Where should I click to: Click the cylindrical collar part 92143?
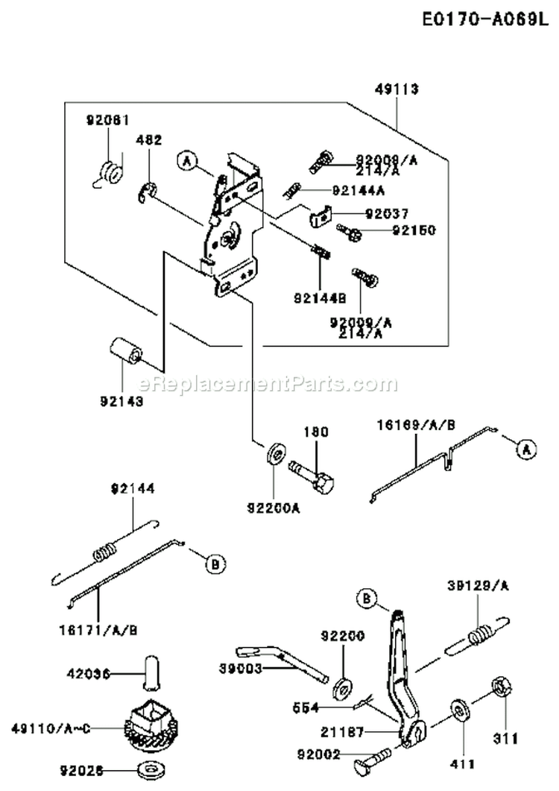(x=125, y=350)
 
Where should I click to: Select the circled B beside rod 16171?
(x=214, y=565)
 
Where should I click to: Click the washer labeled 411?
(x=458, y=711)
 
